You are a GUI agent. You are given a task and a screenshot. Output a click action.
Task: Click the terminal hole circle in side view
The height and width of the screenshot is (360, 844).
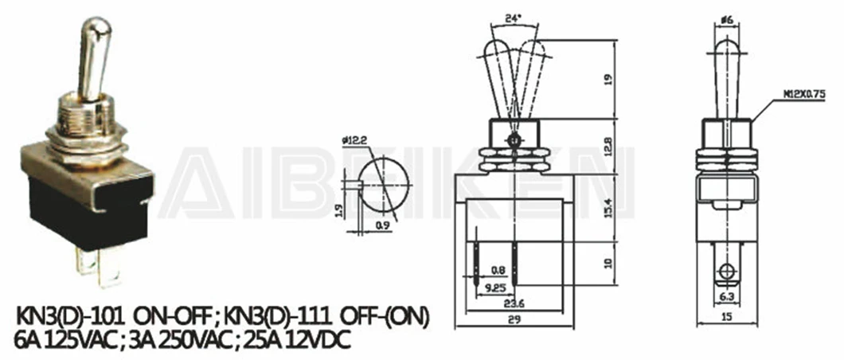(725, 273)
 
